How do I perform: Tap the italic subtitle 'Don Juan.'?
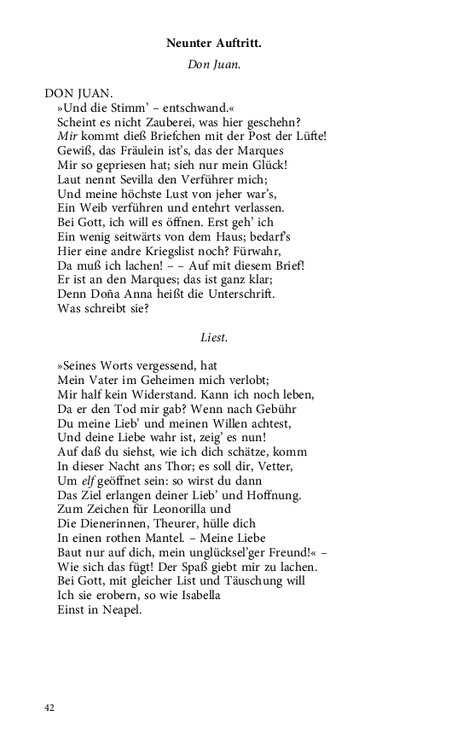[x=214, y=63]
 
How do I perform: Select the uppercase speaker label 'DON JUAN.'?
[x=77, y=92]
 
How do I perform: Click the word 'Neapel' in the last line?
[x=123, y=611]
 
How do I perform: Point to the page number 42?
[x=49, y=707]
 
